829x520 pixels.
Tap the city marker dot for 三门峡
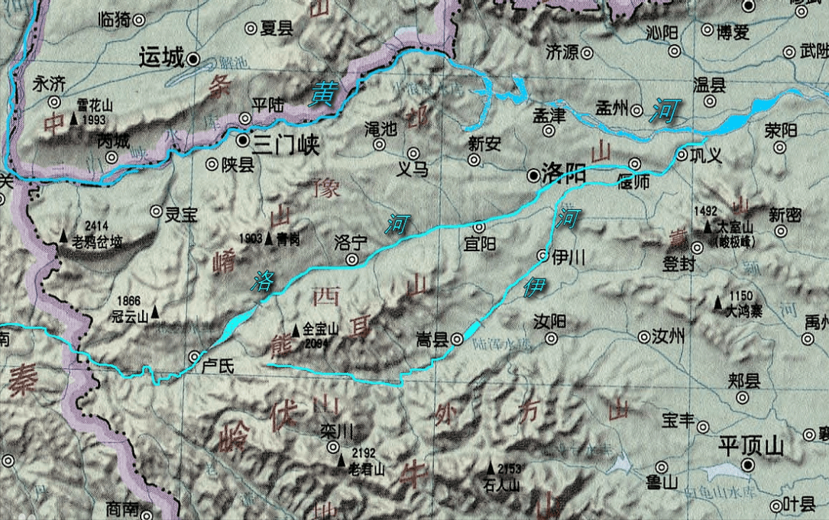242,141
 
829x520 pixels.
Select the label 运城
162,58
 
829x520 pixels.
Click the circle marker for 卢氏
196,356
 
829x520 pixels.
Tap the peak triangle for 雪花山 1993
74,119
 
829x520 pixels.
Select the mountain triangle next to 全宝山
296,331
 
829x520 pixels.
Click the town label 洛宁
351,242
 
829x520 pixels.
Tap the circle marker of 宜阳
479,228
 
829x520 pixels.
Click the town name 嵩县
432,338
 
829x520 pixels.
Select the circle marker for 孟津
549,130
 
